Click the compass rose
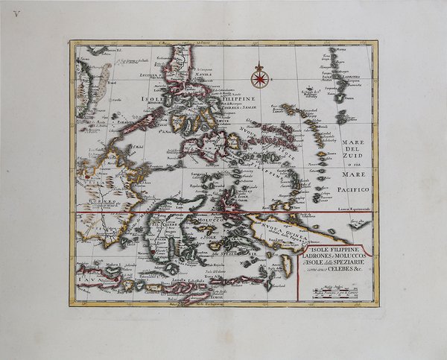(x=259, y=75)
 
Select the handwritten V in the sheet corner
(x=16, y=13)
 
